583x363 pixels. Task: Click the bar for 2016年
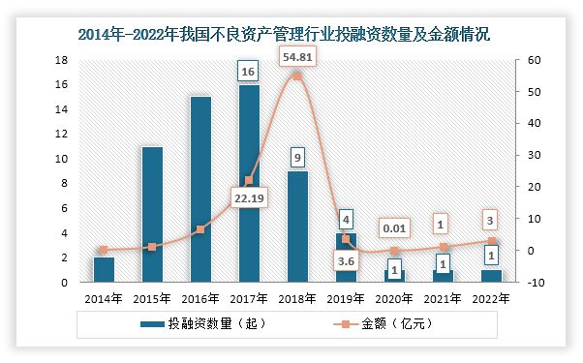200,190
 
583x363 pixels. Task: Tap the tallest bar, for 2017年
249,184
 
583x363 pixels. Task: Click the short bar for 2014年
104,269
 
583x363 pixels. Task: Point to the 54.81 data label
297,58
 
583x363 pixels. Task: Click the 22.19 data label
249,200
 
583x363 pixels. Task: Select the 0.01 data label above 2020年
394,228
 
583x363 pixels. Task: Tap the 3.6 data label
346,260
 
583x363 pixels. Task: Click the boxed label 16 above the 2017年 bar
249,72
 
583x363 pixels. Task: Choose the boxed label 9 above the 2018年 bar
297,156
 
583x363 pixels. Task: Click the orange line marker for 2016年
200,229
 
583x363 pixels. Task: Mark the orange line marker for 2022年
491,241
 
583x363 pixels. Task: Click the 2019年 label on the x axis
346,299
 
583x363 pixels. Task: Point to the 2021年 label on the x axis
443,299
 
